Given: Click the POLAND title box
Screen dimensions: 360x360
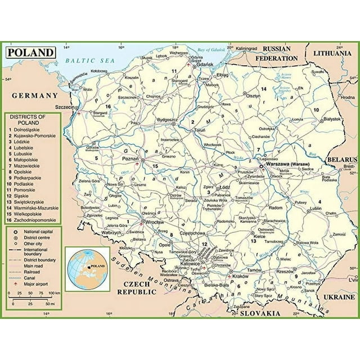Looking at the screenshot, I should [x=31, y=52].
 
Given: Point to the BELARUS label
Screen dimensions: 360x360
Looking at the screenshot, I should [x=344, y=159].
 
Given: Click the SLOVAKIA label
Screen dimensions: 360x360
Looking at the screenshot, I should [x=260, y=313].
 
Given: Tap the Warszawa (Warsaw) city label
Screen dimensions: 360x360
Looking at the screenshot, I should [x=287, y=159].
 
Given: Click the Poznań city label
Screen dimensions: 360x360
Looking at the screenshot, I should [x=129, y=159].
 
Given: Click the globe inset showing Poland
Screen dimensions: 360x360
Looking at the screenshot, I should [x=87, y=267].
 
